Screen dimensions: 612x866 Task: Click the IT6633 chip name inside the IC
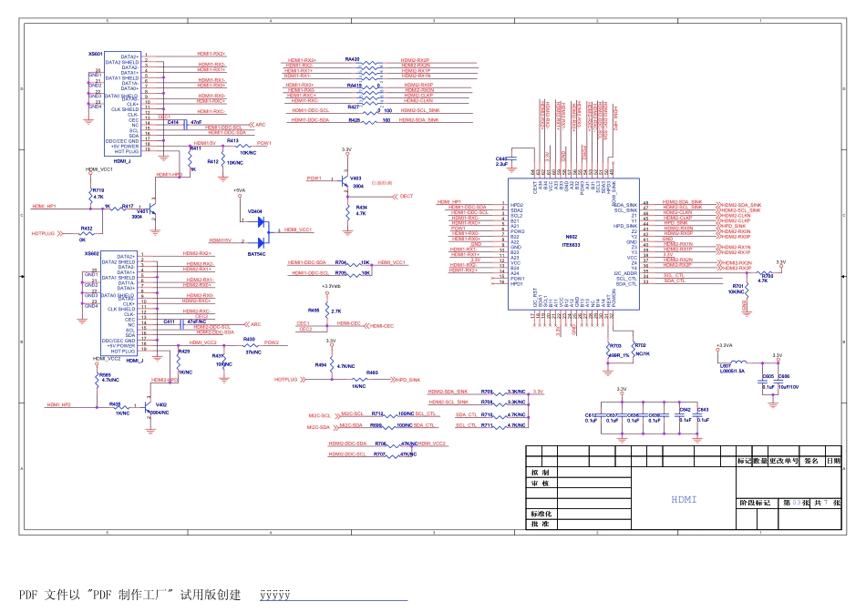click(572, 244)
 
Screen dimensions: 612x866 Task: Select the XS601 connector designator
click(96, 54)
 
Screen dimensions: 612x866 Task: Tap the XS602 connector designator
click(92, 254)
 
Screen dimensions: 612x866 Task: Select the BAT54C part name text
click(258, 254)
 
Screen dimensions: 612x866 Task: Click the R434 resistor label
click(361, 209)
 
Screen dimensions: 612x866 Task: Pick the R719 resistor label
click(98, 190)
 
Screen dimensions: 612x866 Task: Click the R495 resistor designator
click(314, 311)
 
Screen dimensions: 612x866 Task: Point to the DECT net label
click(407, 196)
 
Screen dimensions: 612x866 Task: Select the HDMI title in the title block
click(684, 499)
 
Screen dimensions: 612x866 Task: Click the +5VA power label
click(239, 189)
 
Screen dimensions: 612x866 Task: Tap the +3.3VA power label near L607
click(725, 345)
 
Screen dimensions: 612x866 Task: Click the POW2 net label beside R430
click(271, 342)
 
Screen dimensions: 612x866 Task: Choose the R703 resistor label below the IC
click(615, 346)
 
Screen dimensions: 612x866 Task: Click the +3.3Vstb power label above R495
click(331, 286)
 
